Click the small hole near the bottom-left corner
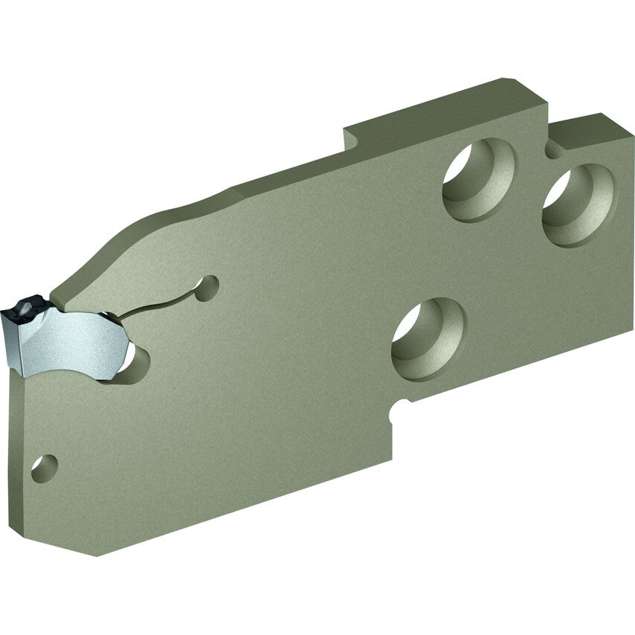[44, 468]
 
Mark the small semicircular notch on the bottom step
[402, 404]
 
